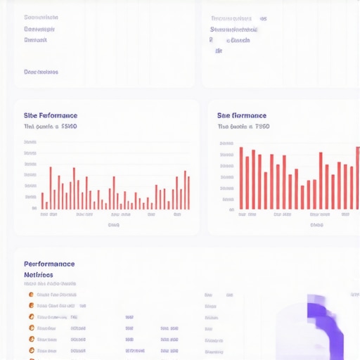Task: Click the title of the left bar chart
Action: pyautogui.click(x=51, y=115)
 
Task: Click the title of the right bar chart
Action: pyautogui.click(x=242, y=115)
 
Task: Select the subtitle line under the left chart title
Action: pyautogui.click(x=51, y=127)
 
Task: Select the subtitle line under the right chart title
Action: pyautogui.click(x=243, y=127)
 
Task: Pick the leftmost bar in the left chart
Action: pyautogui.click(x=42, y=201)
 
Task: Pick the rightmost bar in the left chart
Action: pyautogui.click(x=188, y=193)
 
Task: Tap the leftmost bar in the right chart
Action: pyautogui.click(x=241, y=179)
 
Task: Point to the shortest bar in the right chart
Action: pyautogui.click(x=302, y=198)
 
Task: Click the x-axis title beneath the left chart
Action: pyautogui.click(x=113, y=225)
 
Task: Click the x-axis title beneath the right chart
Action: pyautogui.click(x=316, y=225)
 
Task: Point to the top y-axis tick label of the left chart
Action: pyautogui.click(x=30, y=143)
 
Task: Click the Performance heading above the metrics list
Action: pyautogui.click(x=49, y=264)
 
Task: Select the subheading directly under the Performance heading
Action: pyautogui.click(x=39, y=275)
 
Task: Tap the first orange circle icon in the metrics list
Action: pyautogui.click(x=31, y=295)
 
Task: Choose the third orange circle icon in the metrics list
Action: pyautogui.click(x=31, y=317)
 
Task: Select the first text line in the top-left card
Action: pyautogui.click(x=41, y=18)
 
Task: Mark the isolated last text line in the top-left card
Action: pyautogui.click(x=41, y=72)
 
